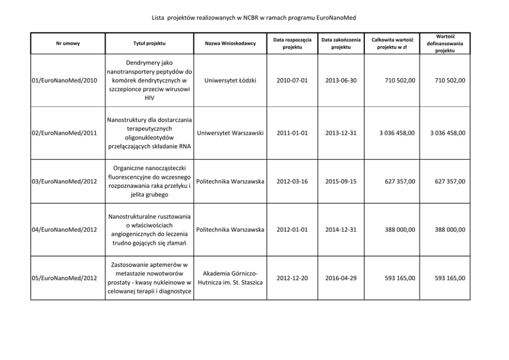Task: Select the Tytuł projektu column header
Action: tap(149, 44)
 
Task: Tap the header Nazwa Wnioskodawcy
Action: tap(230, 44)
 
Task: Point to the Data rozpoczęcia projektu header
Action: tap(292, 44)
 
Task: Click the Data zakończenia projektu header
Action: tap(341, 44)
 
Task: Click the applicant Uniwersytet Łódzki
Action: tap(230, 81)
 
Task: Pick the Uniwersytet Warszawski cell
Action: tap(230, 133)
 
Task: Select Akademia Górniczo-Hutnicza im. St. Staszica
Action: tap(230, 278)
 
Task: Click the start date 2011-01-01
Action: tap(292, 133)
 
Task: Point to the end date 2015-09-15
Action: tap(341, 181)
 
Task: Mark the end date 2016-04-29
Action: tap(341, 278)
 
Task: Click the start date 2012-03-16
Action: tap(292, 181)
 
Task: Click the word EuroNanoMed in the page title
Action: tap(333, 18)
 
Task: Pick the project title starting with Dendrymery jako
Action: tap(149, 81)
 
